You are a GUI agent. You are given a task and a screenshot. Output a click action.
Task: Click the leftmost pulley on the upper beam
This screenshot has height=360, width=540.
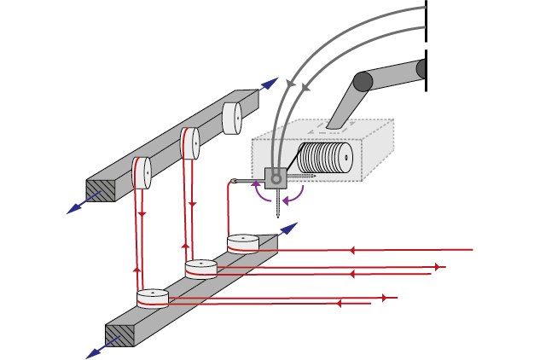142,173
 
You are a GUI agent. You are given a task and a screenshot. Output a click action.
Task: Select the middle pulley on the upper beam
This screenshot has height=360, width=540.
189,143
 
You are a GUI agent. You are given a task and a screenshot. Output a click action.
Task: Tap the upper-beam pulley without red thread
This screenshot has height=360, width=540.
233,118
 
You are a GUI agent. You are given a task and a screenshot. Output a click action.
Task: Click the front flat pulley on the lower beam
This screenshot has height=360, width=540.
153,298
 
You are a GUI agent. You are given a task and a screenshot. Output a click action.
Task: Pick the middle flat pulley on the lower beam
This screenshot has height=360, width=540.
201,269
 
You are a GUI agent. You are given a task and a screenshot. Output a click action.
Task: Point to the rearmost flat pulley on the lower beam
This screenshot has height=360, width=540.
243,243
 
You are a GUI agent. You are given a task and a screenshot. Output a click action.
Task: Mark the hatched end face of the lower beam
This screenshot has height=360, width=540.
120,334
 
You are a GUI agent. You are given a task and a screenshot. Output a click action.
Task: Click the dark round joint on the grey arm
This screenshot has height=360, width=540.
363,81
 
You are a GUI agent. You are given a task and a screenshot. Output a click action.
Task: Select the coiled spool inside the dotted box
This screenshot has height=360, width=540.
326,159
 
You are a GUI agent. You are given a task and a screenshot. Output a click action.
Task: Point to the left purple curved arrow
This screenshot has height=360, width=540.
258,194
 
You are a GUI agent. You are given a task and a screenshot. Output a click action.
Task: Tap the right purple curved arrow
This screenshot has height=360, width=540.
295,196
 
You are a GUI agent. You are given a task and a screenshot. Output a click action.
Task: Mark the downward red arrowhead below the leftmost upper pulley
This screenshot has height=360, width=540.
142,213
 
